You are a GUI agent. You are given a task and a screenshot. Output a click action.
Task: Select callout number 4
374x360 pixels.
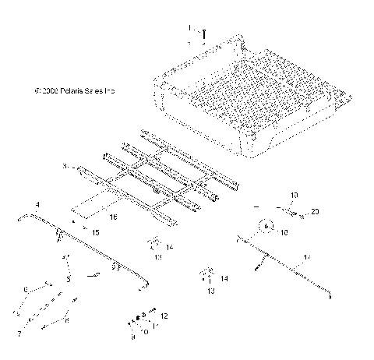coord(37,204)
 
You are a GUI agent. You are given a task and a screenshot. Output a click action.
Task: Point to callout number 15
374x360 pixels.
coord(96,233)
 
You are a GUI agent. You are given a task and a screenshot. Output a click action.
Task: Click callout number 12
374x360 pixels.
coord(164,316)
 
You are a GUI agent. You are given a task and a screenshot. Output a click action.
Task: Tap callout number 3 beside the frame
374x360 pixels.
coord(66,166)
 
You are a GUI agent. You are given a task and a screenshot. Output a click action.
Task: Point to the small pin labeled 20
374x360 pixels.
coord(298,212)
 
